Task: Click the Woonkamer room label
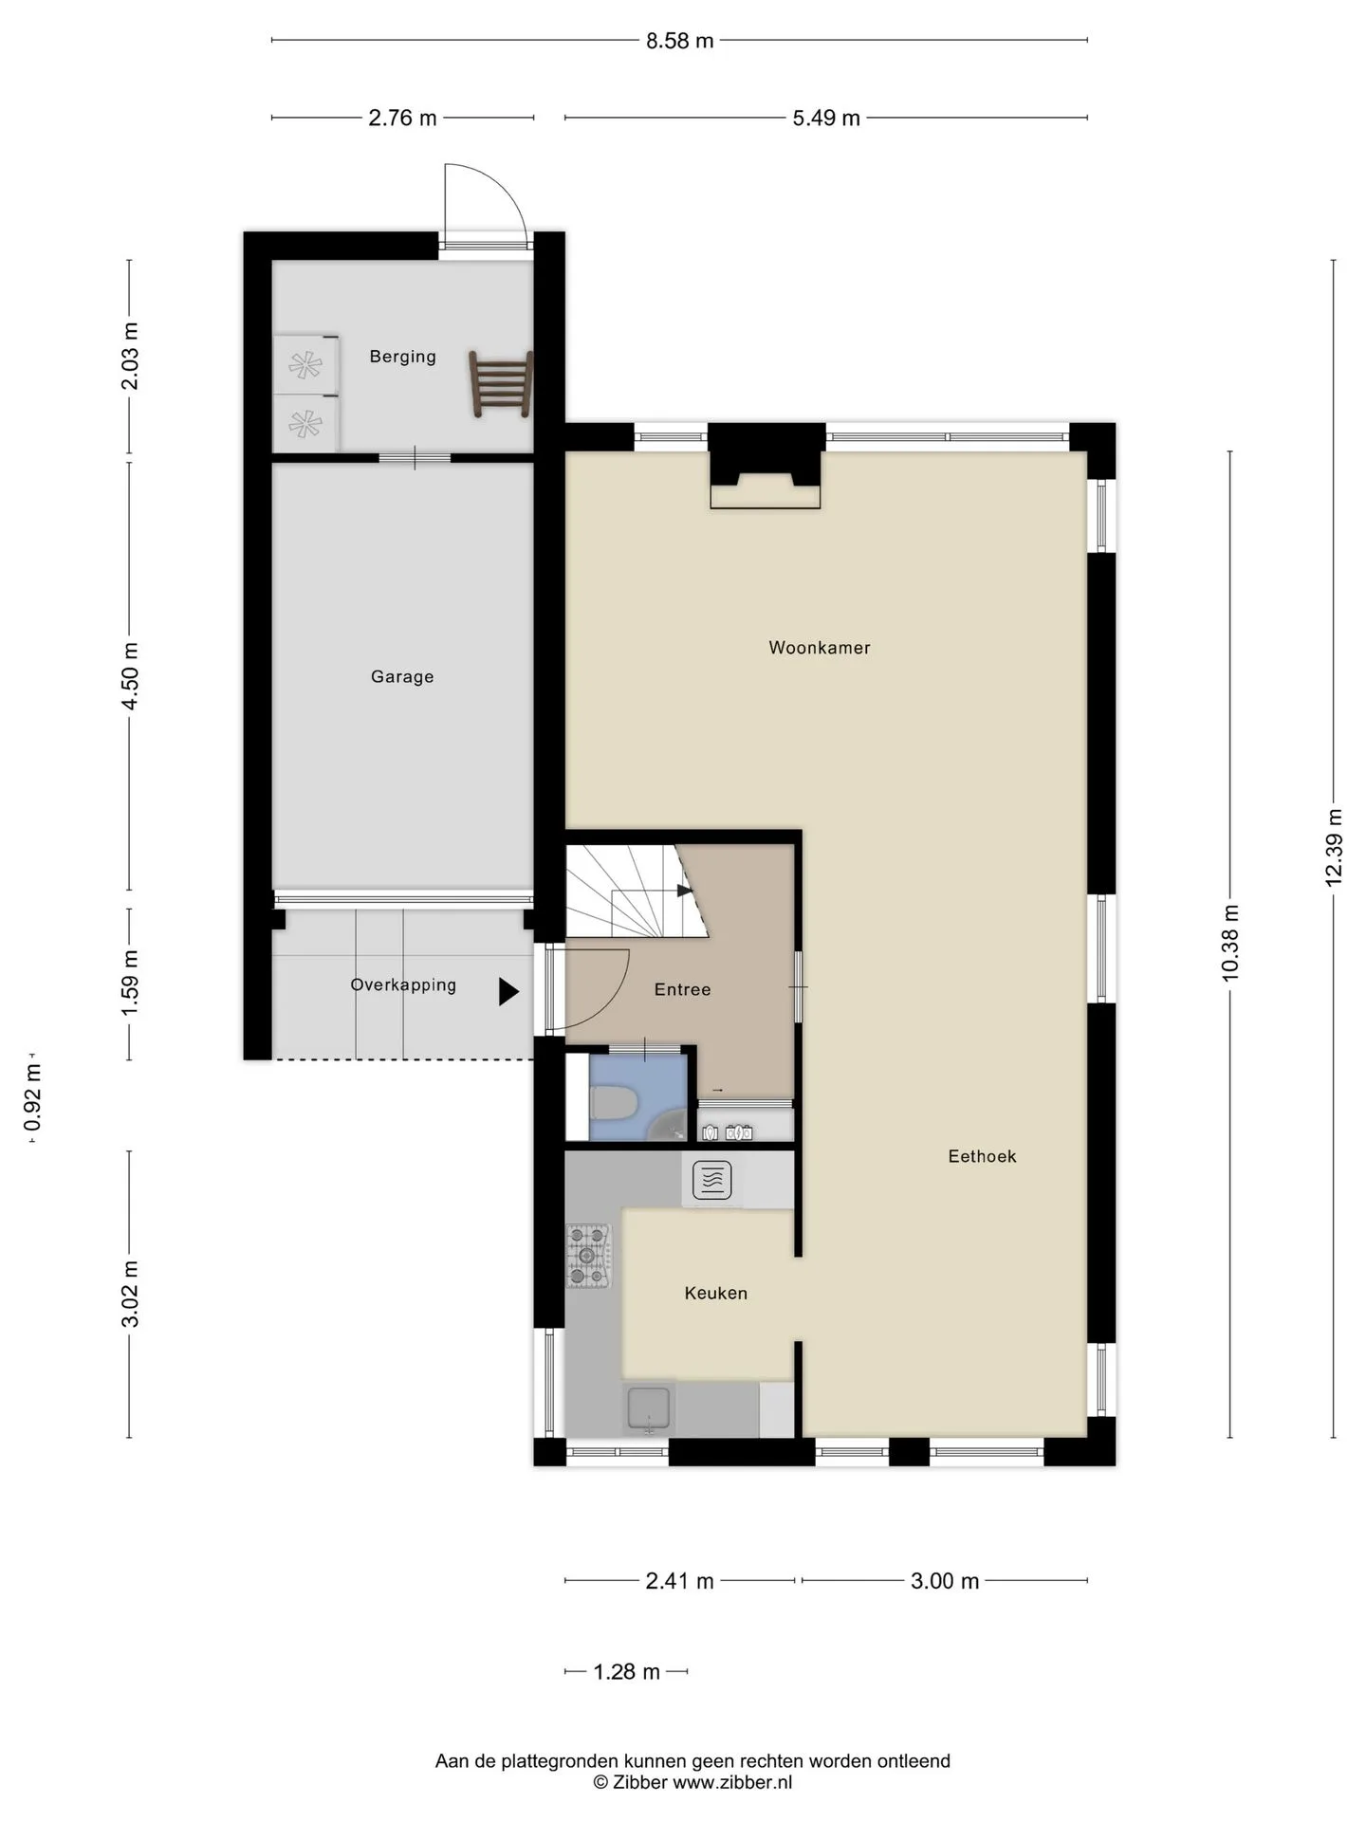pos(819,648)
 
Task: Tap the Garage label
pos(402,676)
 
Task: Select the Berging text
pos(402,357)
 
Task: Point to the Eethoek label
pos(982,1156)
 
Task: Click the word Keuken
pos(716,1293)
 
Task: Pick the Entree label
pos(682,989)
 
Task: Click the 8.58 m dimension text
pos(680,41)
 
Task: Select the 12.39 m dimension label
pos(1334,848)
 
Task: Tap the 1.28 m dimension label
pos(626,1672)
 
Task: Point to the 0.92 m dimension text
pos(33,1097)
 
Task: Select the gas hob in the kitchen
pos(588,1256)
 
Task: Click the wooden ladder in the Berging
pos(501,383)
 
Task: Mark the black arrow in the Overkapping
pos(509,992)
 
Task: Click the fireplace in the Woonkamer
pos(766,467)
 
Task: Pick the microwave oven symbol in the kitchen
pos(712,1181)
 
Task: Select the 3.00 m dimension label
pos(945,1581)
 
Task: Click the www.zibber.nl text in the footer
pos(732,1782)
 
